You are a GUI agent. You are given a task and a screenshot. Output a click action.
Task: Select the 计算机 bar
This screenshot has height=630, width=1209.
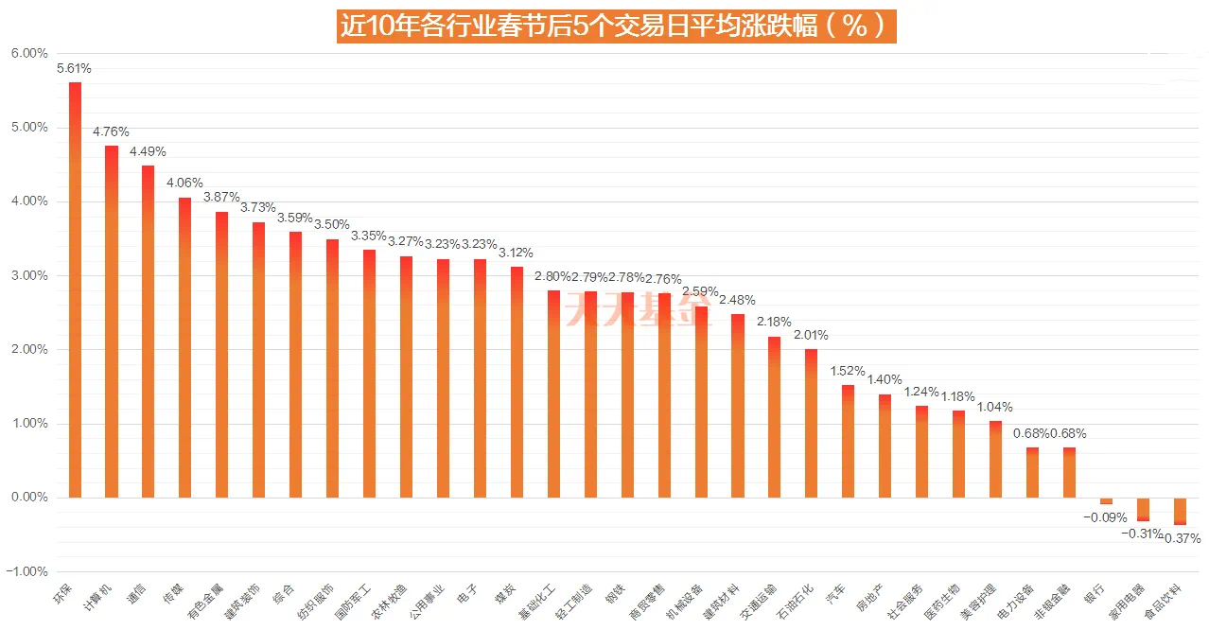click(112, 322)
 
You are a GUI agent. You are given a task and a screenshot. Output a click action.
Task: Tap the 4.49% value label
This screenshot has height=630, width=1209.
click(148, 151)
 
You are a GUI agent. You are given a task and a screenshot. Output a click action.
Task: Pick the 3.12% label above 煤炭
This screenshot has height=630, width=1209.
click(517, 253)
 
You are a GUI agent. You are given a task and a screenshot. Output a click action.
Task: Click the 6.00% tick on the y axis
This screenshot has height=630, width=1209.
click(29, 54)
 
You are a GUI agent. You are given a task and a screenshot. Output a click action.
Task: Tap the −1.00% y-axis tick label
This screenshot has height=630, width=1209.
click(27, 571)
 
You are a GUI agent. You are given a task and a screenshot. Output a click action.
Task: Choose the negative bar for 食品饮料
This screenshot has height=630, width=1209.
click(1180, 511)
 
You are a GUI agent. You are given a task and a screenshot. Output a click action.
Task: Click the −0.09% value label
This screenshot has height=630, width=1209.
click(1105, 516)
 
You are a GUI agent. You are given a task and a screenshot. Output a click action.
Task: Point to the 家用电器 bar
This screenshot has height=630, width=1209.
click(1143, 509)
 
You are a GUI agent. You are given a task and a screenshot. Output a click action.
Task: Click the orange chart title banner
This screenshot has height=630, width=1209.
click(617, 26)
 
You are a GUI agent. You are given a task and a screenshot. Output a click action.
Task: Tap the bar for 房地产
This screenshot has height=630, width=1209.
click(885, 446)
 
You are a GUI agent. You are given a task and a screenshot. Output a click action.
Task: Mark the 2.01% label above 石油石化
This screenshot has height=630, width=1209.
click(811, 335)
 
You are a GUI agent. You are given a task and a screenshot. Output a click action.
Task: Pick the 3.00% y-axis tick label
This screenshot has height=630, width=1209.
click(29, 275)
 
